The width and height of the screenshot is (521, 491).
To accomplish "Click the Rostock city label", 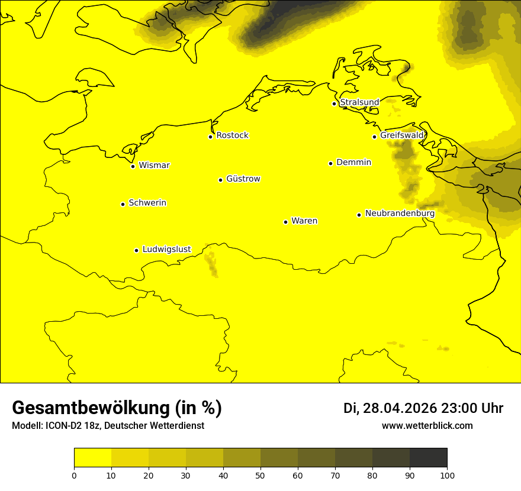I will coord(232,135).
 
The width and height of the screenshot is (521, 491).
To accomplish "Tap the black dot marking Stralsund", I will coord(334,104).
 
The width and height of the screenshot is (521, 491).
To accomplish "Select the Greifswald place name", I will coord(402,135).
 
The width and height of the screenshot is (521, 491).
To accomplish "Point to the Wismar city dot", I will coord(133,166).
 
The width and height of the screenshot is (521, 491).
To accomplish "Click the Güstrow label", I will coord(243,179).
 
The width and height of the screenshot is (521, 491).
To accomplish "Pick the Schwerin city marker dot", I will coord(123,204).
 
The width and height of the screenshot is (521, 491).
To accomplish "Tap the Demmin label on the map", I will coord(353,162).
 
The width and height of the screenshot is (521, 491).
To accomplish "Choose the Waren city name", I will coord(304,221).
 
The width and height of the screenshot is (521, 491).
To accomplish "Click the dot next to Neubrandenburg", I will coord(359,215).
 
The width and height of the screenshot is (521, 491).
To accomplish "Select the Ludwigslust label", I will coord(166,249).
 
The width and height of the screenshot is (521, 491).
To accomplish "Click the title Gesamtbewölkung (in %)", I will coord(117,408).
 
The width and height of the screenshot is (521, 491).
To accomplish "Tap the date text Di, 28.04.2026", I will coord(390,408).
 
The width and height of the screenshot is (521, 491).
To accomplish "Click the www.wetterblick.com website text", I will coord(427,425).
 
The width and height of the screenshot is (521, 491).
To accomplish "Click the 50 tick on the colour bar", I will coord(260,475).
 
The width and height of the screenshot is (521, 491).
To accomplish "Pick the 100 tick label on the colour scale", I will coord(447,475).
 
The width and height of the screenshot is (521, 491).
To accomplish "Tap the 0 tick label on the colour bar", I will coord(74,475).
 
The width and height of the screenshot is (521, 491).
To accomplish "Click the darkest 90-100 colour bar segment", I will coord(428,457).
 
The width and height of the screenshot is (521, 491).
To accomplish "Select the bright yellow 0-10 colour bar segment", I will coord(92,457).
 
